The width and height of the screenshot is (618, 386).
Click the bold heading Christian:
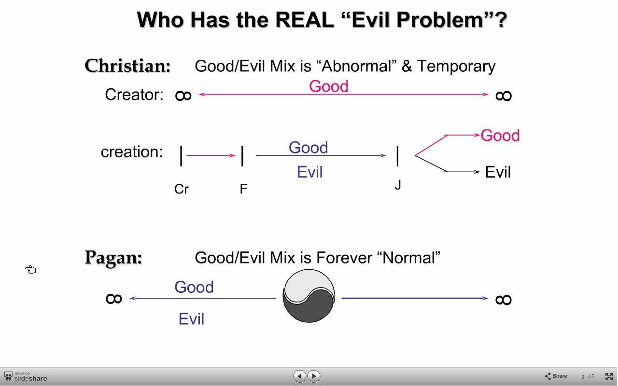pos(128,66)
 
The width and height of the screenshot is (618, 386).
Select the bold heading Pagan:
pos(113,258)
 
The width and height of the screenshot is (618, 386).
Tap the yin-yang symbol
pos(309,296)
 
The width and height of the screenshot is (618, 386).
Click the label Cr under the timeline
pos(182,189)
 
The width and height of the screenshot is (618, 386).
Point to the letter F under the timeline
pos(243,189)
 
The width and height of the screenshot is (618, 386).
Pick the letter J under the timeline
pos(397,185)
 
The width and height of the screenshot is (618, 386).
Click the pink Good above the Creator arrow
pos(329,86)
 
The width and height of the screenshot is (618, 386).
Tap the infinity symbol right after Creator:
pos(183,96)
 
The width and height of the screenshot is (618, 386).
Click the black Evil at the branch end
pos(498,172)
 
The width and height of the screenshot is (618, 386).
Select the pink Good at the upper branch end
pos(500,136)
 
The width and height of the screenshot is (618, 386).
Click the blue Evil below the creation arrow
pos(309,172)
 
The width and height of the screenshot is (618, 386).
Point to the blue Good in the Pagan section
pos(194,287)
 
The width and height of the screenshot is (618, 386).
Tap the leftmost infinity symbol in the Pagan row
pos(114,299)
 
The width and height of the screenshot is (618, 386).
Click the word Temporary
pos(456,67)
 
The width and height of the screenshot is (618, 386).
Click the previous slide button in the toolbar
pos(300,376)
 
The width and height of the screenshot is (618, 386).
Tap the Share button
pos(556,376)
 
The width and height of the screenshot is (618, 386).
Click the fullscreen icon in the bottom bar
pos(609,376)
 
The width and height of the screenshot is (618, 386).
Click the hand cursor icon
pos(30,269)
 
